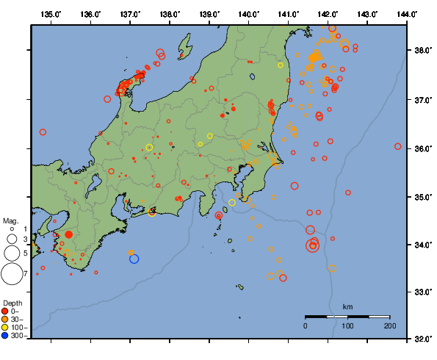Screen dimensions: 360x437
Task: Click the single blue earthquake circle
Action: pos(134,258)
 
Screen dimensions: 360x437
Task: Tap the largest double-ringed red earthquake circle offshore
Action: pos(314,245)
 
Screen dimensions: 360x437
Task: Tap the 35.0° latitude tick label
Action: pos(424,197)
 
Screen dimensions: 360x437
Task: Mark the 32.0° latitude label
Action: pos(424,339)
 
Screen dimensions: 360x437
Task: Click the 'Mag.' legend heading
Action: pos(10,220)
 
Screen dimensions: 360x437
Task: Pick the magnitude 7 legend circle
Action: pos(11,274)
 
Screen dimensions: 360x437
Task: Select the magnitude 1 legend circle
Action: pos(12,230)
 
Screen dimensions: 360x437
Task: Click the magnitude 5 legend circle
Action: pos(11,253)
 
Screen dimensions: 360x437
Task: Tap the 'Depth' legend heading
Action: pos(12,303)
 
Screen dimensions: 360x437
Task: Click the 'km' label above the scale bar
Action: pos(347,306)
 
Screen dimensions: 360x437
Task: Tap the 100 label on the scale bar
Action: pos(347,325)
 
